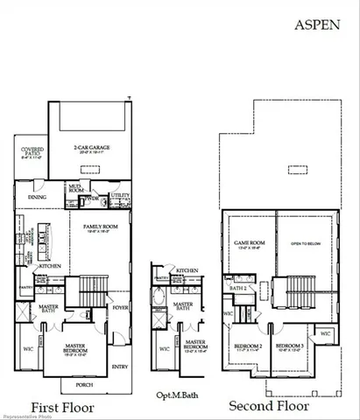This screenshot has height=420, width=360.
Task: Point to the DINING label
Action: click(38, 197)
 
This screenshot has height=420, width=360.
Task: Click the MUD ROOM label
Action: click(75, 189)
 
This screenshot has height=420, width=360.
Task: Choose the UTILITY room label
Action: click(120, 195)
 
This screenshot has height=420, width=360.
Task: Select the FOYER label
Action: click(119, 307)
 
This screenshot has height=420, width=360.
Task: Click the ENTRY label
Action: click(119, 366)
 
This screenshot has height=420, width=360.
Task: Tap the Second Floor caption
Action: click(268, 406)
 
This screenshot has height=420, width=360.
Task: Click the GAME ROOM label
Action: click(248, 244)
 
